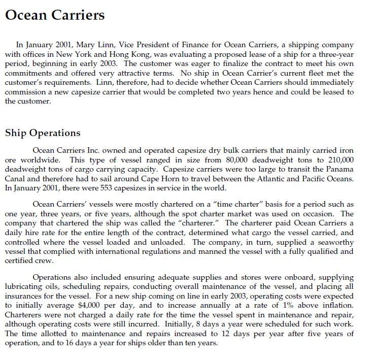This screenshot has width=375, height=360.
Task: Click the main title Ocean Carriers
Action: [x=55, y=15]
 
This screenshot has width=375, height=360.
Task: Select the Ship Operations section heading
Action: [x=43, y=133]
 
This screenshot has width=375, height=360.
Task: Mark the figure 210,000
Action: [x=337, y=160]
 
